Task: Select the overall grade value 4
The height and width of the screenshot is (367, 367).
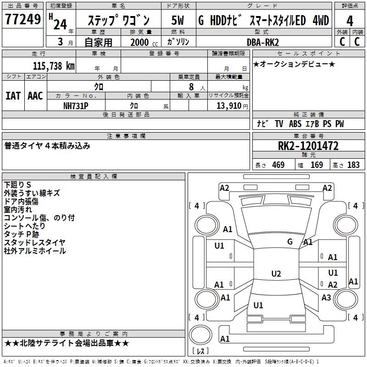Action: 350,21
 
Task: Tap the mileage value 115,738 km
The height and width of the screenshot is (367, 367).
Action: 53,66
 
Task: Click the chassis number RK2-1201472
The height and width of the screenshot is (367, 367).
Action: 308,146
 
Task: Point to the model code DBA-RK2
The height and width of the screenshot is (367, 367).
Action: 262,42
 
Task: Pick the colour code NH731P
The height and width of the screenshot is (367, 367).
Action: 76,106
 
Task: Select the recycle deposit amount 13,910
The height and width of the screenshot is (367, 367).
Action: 228,106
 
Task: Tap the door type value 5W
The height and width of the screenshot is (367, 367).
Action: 178,21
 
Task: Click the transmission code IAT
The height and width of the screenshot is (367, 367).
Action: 13,95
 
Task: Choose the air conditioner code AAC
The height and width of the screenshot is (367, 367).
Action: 35,95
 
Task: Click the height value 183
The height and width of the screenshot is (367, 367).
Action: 353,165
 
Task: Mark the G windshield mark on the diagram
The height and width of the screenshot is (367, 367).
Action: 290,241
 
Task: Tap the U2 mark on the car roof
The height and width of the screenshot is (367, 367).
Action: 276,274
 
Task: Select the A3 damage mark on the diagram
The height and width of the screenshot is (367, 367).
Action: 326,298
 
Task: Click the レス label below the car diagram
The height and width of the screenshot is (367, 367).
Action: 200,351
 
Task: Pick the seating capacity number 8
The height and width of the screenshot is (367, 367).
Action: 190,87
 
